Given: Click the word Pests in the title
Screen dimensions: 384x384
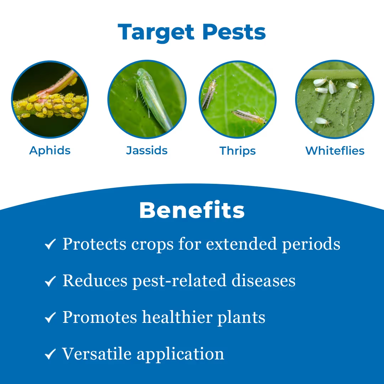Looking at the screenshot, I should (234, 32).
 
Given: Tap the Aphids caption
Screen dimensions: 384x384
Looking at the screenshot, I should (50, 150).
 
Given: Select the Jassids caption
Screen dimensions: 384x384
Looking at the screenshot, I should (147, 150).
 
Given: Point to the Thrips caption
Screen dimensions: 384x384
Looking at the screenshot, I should (238, 151).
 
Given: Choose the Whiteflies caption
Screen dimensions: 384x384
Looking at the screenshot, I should (335, 151).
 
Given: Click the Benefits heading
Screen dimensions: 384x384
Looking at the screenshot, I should (192, 210).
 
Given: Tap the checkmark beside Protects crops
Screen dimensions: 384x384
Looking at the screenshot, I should (50, 245).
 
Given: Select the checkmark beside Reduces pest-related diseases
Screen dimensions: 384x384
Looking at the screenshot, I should (50, 281).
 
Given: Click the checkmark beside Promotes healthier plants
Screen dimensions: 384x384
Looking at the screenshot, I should (50, 318).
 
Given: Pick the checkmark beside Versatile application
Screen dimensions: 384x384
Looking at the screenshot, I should (50, 354).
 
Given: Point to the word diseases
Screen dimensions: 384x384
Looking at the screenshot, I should (263, 281).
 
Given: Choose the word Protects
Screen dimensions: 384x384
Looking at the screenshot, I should (95, 244).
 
